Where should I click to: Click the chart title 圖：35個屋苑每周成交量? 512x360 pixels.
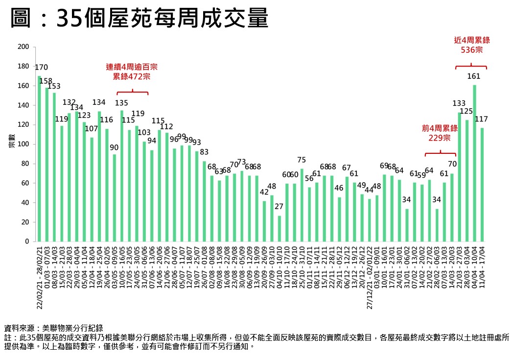(x=140, y=20)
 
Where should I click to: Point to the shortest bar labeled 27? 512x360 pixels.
(x=279, y=228)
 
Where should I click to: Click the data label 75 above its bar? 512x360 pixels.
(x=302, y=160)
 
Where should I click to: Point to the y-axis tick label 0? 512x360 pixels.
(x=27, y=241)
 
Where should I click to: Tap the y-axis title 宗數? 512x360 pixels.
(x=11, y=144)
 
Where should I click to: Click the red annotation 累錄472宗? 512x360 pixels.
(x=132, y=77)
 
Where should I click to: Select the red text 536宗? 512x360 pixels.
(x=471, y=49)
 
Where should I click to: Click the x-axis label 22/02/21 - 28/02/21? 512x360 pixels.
(x=40, y=276)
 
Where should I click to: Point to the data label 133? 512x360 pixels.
(x=459, y=103)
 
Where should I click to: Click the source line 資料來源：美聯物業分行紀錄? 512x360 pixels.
(x=54, y=328)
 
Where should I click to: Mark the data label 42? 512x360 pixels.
(x=264, y=192)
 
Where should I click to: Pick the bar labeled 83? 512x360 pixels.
(x=204, y=201)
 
